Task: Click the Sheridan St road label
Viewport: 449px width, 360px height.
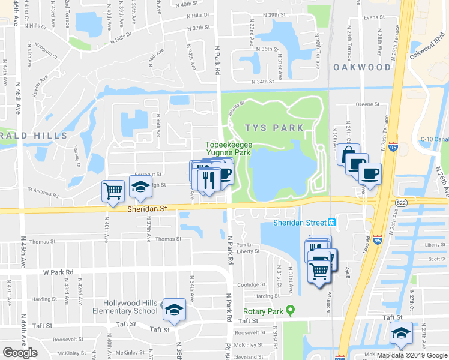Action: click(x=146, y=209)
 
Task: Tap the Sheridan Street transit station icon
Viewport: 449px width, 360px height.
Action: click(x=331, y=223)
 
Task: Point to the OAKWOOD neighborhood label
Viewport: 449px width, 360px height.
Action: click(x=358, y=67)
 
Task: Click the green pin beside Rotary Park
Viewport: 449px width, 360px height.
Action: click(x=291, y=310)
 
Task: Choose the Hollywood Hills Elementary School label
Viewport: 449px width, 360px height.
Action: click(x=130, y=307)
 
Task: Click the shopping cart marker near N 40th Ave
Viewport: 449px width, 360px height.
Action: click(x=113, y=191)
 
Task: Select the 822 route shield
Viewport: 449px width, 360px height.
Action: click(x=402, y=203)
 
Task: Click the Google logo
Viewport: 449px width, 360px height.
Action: click(x=20, y=353)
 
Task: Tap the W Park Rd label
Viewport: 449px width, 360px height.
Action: click(x=58, y=272)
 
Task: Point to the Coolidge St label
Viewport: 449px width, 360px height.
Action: click(x=251, y=285)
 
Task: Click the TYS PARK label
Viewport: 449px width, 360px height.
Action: click(x=274, y=128)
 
